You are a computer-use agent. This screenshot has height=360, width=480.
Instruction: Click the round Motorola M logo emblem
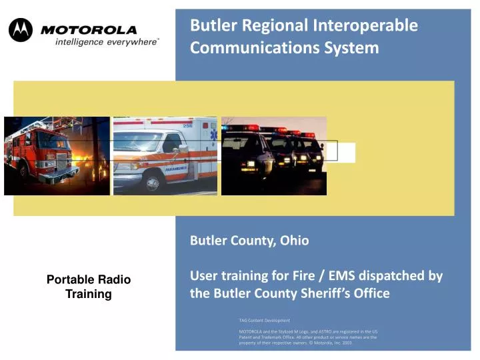pos(20,30)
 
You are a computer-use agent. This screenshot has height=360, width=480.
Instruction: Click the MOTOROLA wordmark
pos(89,29)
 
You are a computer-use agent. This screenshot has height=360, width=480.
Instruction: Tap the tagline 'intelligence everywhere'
pos(106,42)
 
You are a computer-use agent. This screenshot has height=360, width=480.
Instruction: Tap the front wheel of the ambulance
pos(153,181)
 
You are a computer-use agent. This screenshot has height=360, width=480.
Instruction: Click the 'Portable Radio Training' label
pos(88,287)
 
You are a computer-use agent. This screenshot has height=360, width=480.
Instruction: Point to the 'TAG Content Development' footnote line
pos(264,321)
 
